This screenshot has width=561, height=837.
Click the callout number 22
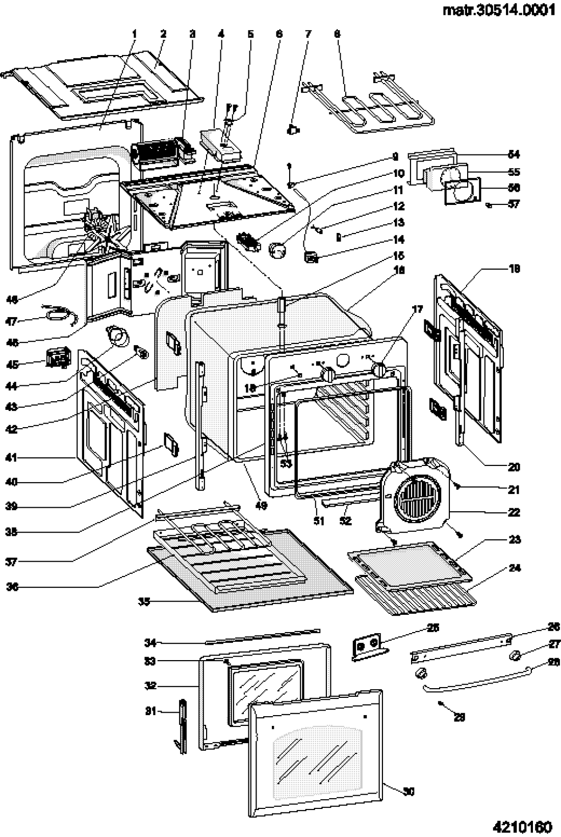tap(514, 512)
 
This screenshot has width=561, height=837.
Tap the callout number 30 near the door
tap(409, 791)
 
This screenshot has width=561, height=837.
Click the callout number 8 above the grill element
tap(337, 34)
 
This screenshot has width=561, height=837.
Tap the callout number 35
tap(144, 601)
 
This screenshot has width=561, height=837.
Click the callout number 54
tap(514, 154)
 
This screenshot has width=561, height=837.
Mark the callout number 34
tap(149, 642)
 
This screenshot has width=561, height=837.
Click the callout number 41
tap(11, 457)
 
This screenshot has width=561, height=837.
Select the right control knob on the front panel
tap(379, 370)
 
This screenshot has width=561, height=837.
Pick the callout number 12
tap(398, 206)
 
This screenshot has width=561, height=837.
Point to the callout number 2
tap(163, 34)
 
